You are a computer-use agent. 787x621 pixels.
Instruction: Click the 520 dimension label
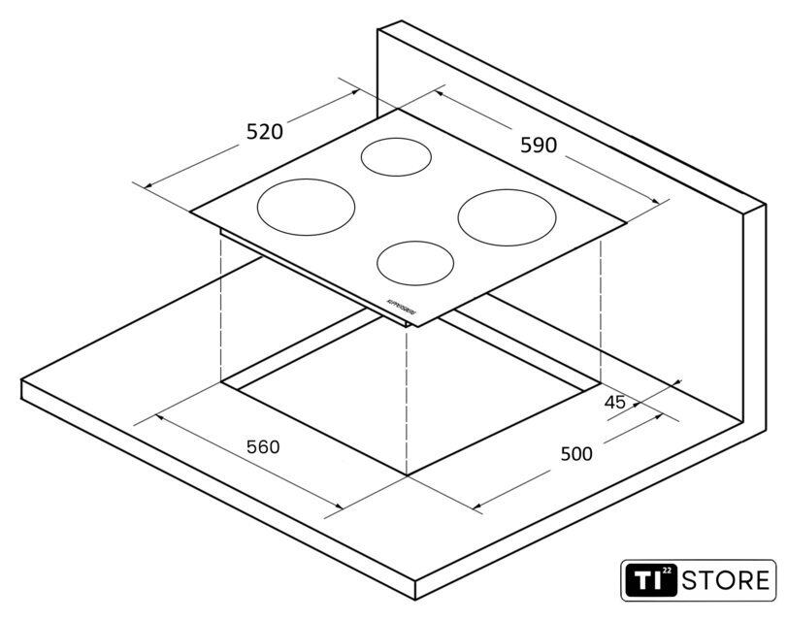(x=264, y=132)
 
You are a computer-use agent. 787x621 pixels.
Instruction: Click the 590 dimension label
(x=539, y=146)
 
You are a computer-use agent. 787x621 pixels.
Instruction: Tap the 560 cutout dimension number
(x=262, y=447)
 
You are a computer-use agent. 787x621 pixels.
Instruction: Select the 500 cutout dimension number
(x=576, y=453)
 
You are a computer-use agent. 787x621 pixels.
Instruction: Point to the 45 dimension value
(x=614, y=402)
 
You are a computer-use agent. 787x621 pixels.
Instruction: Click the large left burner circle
(x=305, y=207)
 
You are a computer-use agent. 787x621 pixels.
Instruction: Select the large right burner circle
(x=508, y=215)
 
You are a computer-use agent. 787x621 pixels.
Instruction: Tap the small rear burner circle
(x=396, y=156)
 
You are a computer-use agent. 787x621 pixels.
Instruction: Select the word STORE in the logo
(x=727, y=581)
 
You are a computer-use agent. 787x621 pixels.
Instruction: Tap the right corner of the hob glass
(x=626, y=222)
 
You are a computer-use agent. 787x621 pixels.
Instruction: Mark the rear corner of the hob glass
(x=397, y=109)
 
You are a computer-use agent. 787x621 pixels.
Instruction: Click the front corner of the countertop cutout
(x=407, y=475)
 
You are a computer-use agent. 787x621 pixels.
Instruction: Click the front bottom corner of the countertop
(x=416, y=600)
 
